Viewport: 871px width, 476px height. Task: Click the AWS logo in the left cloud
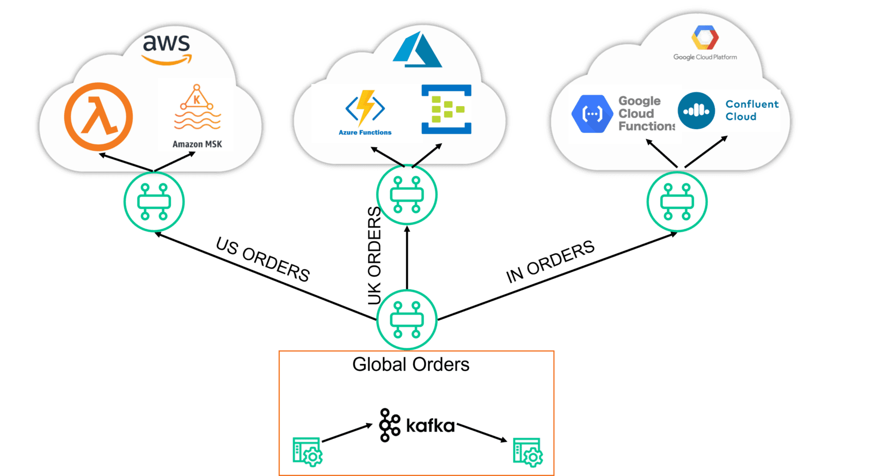(167, 49)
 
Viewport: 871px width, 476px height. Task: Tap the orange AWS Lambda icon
(99, 117)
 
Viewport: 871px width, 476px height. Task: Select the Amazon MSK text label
(197, 144)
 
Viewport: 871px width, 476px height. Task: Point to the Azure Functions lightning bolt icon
(365, 107)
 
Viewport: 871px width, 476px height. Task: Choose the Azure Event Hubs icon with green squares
(446, 109)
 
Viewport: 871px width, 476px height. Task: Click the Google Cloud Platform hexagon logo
(705, 38)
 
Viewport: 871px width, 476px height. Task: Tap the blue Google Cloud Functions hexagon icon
(592, 114)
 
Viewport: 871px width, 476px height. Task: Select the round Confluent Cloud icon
(696, 111)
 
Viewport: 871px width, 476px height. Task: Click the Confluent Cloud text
(752, 110)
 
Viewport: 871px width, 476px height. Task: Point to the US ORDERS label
(263, 259)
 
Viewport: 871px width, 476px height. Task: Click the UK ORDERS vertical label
(374, 256)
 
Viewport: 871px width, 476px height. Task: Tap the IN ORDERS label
(550, 261)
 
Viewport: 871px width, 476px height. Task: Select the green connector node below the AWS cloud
(154, 202)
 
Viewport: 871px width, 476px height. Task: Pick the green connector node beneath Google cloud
(677, 202)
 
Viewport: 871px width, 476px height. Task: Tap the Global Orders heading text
(410, 364)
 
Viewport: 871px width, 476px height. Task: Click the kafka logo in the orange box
(416, 425)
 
